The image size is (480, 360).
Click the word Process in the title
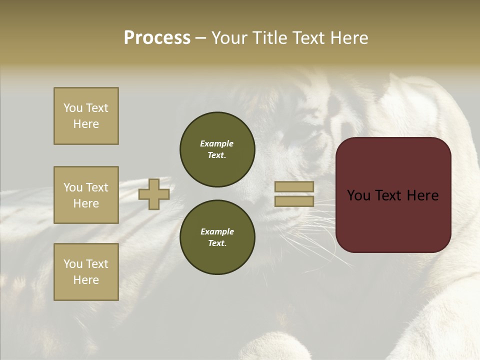coord(157,38)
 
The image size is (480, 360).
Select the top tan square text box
coord(86,116)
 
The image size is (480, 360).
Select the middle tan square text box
coord(86,195)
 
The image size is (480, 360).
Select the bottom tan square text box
coord(86,272)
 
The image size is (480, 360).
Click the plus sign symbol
coord(154,194)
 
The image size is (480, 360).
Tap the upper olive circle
coord(217,149)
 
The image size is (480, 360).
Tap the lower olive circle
coord(217,237)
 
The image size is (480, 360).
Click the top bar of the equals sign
coord(294,187)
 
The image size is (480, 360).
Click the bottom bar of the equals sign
coord(294,201)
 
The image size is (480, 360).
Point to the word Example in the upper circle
coord(216,143)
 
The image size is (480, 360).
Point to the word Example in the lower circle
coord(216,231)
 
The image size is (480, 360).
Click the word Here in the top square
coord(86,124)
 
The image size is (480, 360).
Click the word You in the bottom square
coord(73,264)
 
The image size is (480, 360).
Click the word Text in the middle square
coord(96,187)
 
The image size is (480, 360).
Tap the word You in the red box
coord(358,195)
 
